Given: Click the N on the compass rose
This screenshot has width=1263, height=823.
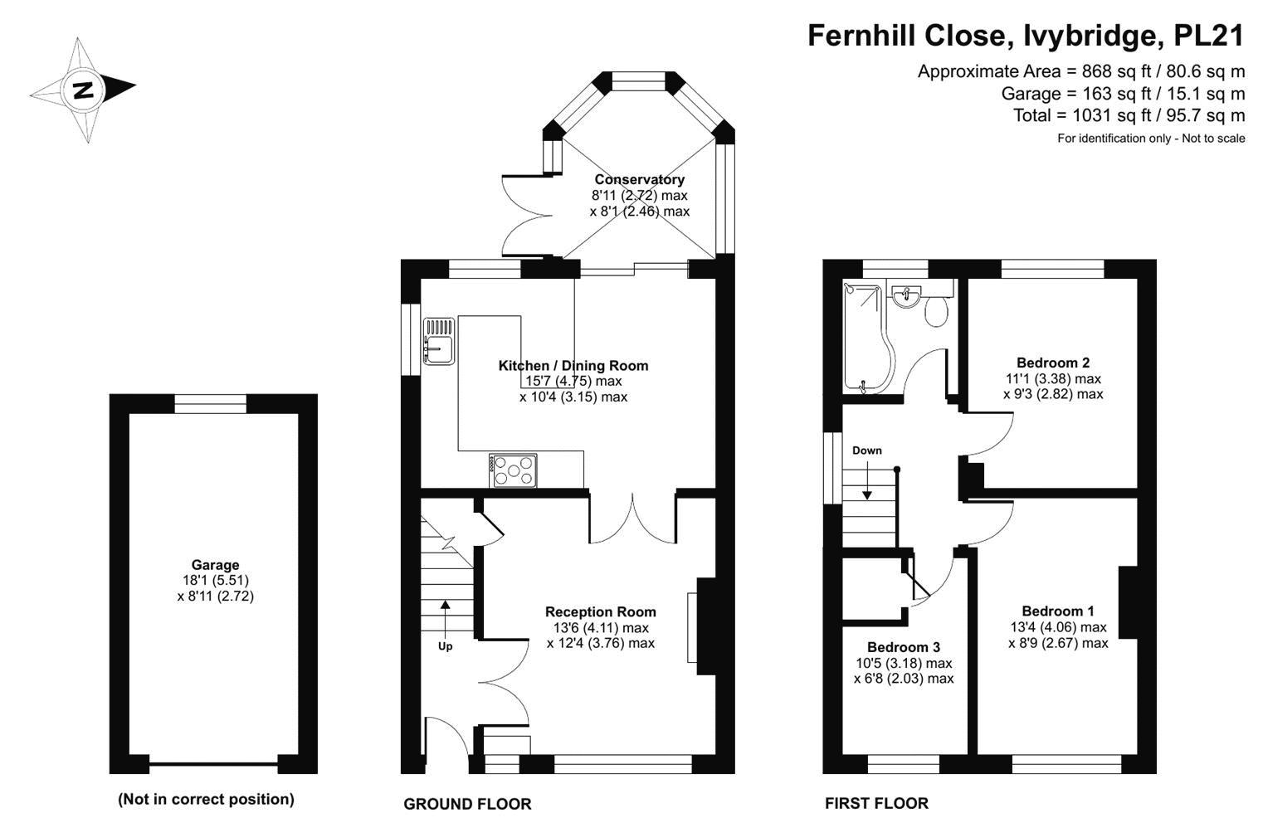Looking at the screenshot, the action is pos(84,90).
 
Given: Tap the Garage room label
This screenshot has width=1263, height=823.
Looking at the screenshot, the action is pos(216,564).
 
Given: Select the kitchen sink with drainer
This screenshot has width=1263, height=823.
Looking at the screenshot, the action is pos(439,341).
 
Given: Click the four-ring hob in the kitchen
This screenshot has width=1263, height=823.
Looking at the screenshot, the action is pos(513,470).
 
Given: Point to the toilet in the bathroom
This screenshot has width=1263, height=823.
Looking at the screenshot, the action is pos(937,310).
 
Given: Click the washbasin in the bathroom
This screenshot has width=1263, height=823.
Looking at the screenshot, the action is pos(907,296).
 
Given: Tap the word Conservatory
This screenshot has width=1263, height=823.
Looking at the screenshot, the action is pos(640,179).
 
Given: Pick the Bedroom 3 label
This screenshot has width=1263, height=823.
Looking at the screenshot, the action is pos(904,646).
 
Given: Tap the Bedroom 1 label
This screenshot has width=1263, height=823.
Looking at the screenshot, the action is pos(1058,611).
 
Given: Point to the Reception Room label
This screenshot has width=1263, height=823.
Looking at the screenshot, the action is pos(601,611).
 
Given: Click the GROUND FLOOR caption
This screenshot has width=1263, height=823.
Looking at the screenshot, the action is pos(467,804).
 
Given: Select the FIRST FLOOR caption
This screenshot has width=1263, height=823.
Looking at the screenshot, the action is pos(876,803).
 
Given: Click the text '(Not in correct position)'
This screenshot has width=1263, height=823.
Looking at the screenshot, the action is pos(206,799).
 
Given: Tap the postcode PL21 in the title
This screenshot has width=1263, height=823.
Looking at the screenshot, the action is pos(1209,36).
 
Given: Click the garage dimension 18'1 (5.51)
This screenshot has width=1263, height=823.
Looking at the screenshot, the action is pos(216,580).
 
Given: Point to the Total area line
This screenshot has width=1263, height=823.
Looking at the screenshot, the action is pos(1129,115).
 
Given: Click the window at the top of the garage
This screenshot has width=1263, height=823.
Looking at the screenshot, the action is pos(210,403).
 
